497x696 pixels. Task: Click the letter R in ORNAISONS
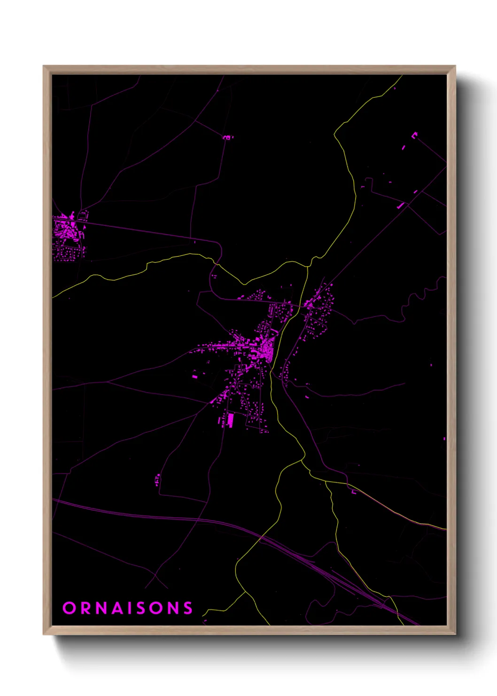85,608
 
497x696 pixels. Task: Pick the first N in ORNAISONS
101,608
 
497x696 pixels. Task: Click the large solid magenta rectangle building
230,420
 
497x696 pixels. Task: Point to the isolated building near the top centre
227,137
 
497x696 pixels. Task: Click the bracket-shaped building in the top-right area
414,135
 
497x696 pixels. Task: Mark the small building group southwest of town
157,479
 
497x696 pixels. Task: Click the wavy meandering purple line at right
423,296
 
